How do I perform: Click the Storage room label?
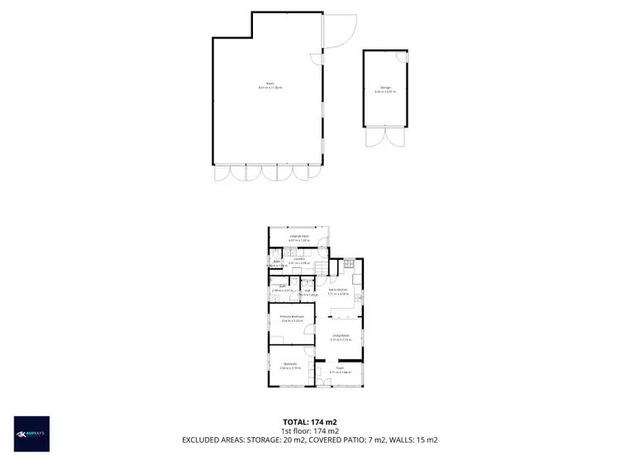click(x=385, y=88)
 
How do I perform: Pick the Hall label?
click(x=307, y=291)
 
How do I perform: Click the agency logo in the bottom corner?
click(x=31, y=434)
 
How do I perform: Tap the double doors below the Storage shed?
click(x=384, y=137)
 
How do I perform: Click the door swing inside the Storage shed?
click(x=401, y=57)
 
